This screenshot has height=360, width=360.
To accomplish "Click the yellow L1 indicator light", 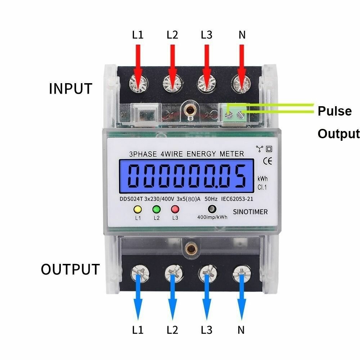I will pos(138,209).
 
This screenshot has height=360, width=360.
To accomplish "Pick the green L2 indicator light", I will pos(156,209).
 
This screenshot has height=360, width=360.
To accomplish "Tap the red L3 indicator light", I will pos(175,209).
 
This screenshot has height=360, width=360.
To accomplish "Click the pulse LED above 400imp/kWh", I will pos(212,209).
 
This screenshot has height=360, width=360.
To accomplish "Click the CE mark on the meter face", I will pos(268,160).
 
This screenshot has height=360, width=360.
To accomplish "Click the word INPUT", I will pos(71,89).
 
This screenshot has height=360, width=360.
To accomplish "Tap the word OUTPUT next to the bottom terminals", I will pos(70,269).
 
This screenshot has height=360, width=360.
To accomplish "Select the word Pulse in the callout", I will pos(334,111).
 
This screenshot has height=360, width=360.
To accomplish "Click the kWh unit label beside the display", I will pos(262,179).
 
